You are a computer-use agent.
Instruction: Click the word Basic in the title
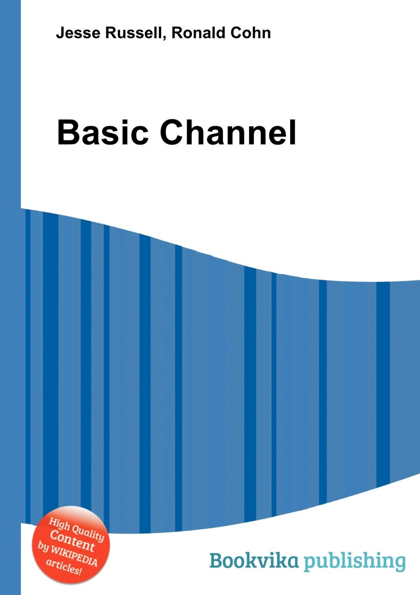point(103,133)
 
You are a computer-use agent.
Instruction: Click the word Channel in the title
point(228,133)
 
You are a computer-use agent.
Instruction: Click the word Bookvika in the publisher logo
point(254,560)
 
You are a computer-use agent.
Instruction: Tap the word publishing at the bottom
point(355,562)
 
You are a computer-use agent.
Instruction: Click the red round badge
point(71,545)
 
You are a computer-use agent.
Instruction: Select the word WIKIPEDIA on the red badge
point(73,554)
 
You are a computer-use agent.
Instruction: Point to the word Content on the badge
point(72,541)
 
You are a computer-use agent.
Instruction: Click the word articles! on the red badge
point(64,566)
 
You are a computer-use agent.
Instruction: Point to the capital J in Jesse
point(60,33)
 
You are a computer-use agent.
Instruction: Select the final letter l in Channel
point(293,133)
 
